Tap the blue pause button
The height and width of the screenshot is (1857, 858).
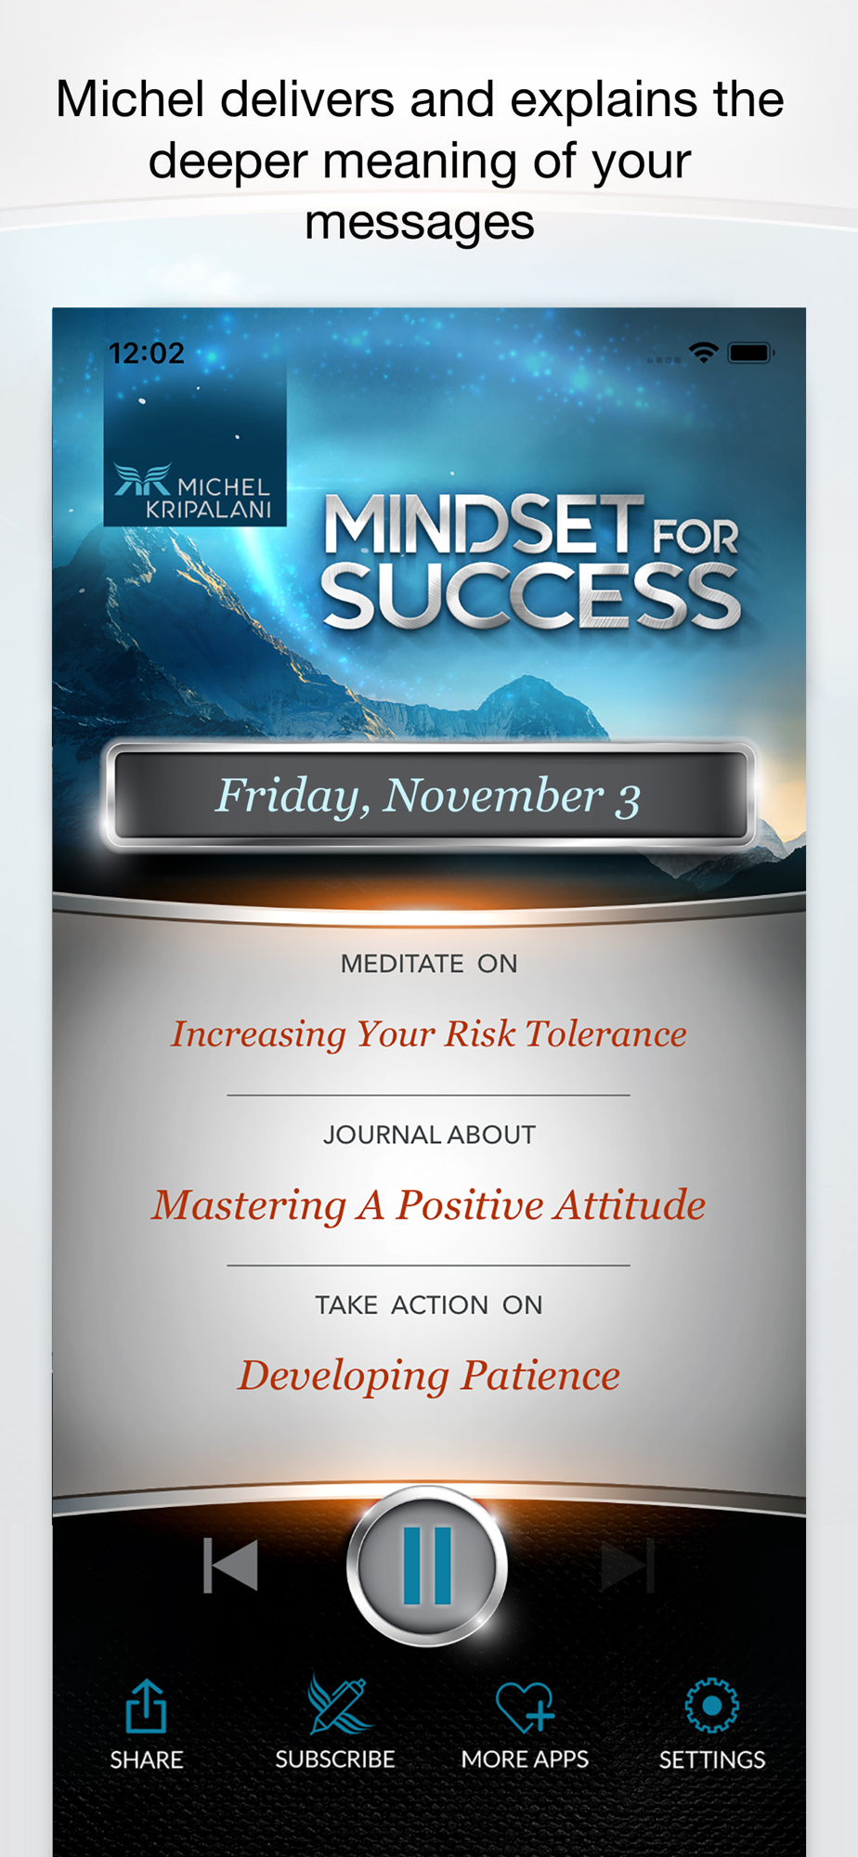(x=427, y=1565)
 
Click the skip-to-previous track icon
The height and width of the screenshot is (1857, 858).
(x=230, y=1565)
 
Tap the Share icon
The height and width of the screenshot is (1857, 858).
(x=146, y=1706)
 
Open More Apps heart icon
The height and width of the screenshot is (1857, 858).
(x=525, y=1707)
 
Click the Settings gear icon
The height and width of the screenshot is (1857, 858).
(x=712, y=1706)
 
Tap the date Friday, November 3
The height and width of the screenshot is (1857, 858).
(x=428, y=797)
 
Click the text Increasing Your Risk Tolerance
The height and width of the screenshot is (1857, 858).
(x=429, y=1034)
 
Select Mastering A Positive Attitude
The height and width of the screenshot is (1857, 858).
(x=429, y=1205)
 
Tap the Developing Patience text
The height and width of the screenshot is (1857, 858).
(x=429, y=1376)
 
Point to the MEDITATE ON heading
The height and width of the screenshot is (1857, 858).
(x=429, y=964)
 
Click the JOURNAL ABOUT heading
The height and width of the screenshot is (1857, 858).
(x=429, y=1135)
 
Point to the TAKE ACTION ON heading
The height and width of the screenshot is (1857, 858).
(x=429, y=1305)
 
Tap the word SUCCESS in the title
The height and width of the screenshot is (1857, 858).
(x=530, y=596)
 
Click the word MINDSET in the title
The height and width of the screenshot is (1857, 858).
(x=483, y=526)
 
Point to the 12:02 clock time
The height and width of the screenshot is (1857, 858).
(x=147, y=353)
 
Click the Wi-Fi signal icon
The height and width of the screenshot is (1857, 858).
(x=704, y=352)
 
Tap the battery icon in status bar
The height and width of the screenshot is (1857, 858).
(x=751, y=352)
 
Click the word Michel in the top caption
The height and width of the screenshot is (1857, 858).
(x=130, y=99)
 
